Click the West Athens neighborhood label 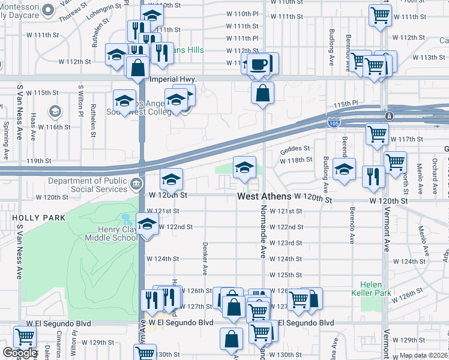(x=264, y=196)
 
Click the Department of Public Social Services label (x=88, y=184)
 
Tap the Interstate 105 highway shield (x=334, y=124)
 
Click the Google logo (x=20, y=353)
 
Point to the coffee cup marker (x=258, y=65)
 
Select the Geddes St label (x=295, y=148)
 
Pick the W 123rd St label (x=285, y=243)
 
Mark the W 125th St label (x=285, y=275)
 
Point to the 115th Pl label (x=346, y=104)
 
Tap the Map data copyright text (x=423, y=355)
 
